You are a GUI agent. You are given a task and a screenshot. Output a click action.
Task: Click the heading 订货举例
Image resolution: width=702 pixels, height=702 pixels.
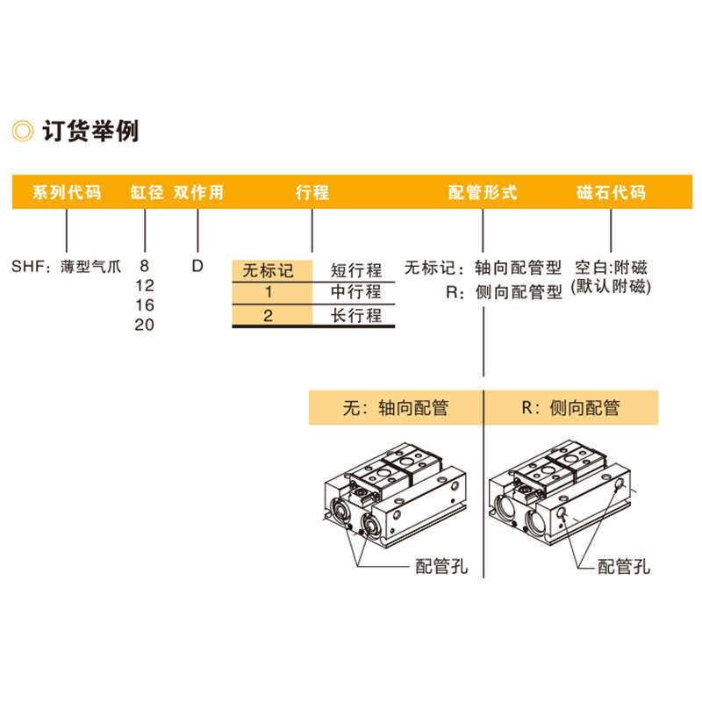click(90, 131)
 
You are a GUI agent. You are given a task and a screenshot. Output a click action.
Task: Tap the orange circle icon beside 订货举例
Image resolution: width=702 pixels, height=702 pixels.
click(23, 132)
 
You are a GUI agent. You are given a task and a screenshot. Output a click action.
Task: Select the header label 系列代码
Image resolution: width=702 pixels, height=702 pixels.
click(67, 192)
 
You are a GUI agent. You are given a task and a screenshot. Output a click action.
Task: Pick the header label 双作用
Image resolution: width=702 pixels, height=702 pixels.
click(198, 192)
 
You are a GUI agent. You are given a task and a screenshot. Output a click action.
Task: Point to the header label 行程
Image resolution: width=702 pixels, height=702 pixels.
click(312, 192)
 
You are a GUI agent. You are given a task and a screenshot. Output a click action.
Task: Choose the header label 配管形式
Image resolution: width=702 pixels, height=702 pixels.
click(483, 192)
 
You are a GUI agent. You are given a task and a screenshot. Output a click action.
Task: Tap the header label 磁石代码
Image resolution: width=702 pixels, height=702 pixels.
click(611, 192)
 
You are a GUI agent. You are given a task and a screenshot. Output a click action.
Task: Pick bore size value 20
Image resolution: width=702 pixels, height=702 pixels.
click(144, 325)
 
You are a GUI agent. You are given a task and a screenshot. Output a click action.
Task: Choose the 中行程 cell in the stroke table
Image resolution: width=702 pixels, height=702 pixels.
click(355, 292)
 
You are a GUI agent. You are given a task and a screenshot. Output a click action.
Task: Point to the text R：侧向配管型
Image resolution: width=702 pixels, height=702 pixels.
click(504, 292)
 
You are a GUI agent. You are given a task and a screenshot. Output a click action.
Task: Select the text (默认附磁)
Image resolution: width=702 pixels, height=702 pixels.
click(612, 286)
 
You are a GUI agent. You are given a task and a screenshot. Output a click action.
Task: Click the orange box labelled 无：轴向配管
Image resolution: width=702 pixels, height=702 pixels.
click(395, 408)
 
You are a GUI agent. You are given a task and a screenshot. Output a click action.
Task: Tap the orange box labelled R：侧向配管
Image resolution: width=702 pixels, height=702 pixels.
click(570, 408)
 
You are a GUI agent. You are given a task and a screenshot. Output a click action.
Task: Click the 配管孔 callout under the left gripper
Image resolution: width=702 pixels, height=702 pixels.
click(441, 567)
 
